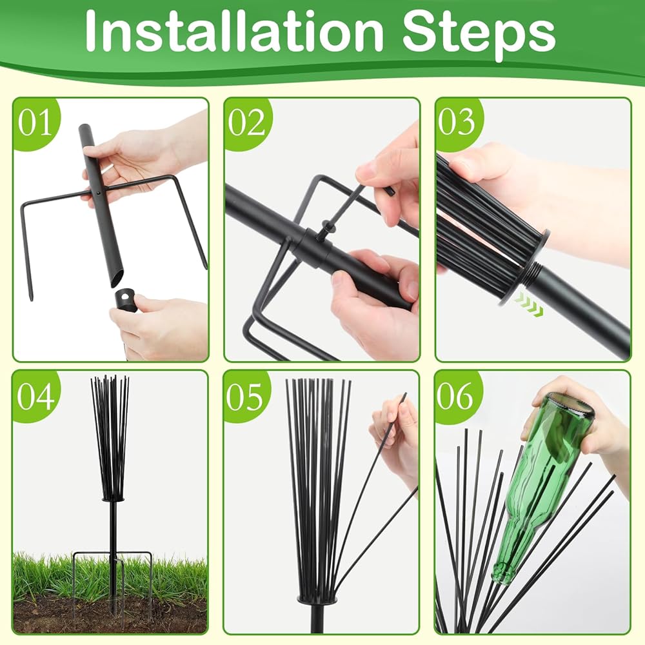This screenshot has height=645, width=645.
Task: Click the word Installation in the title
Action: click(233, 32)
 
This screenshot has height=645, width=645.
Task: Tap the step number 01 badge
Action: click(35, 122)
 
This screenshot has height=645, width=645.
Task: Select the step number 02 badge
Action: click(246, 122)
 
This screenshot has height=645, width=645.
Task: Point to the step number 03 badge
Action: click(457, 122)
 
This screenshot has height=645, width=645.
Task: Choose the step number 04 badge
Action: click(35, 396)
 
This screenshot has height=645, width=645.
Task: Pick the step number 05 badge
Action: click(246, 396)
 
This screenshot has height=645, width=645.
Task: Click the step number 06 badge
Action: click(456, 396)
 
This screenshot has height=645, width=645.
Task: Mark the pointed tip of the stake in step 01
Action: click(31, 299)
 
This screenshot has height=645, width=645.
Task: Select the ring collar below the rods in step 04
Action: click(112, 499)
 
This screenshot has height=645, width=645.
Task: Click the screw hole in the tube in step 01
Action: click(98, 192)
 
